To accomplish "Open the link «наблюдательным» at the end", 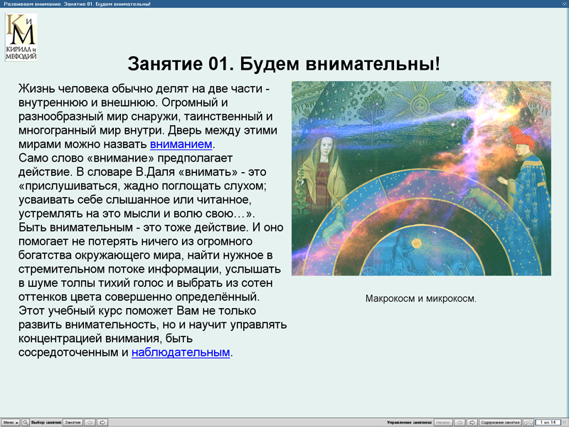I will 181,352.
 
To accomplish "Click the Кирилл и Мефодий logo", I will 21,36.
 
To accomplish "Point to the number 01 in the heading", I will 219,63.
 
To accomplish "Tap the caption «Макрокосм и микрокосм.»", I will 420,298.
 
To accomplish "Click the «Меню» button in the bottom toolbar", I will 10,422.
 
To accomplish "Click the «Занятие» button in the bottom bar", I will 73,422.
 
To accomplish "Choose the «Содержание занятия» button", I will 499,422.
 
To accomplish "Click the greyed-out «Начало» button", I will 442,422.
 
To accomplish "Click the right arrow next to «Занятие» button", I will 102,422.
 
